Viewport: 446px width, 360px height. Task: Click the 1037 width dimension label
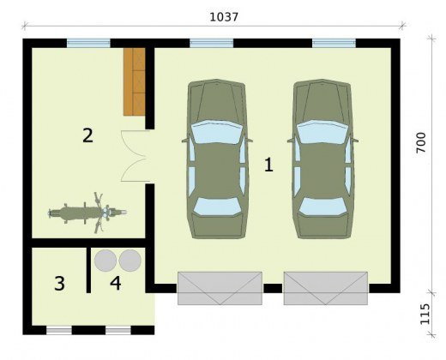(224, 17)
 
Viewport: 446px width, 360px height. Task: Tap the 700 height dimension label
(421, 142)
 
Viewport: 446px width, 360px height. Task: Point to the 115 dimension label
(425, 314)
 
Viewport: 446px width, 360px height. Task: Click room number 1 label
(268, 165)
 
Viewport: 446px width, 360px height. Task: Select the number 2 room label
(87, 135)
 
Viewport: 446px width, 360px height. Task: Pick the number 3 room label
(59, 284)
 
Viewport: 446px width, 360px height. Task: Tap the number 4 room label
(116, 284)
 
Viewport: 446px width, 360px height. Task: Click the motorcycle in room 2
(87, 213)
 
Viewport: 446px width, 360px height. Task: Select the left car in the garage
(217, 159)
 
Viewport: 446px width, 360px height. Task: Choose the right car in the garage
(322, 159)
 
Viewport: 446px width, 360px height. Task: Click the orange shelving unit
(135, 81)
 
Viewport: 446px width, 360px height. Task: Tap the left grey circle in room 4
(105, 261)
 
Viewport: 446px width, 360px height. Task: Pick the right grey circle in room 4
(130, 261)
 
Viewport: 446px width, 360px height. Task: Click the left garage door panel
(220, 288)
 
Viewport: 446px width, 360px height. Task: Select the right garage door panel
(326, 288)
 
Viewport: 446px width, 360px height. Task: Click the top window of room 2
(88, 43)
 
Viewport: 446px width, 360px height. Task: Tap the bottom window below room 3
(59, 331)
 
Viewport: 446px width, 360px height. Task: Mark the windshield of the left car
(217, 132)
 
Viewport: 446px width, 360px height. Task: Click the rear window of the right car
(322, 207)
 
